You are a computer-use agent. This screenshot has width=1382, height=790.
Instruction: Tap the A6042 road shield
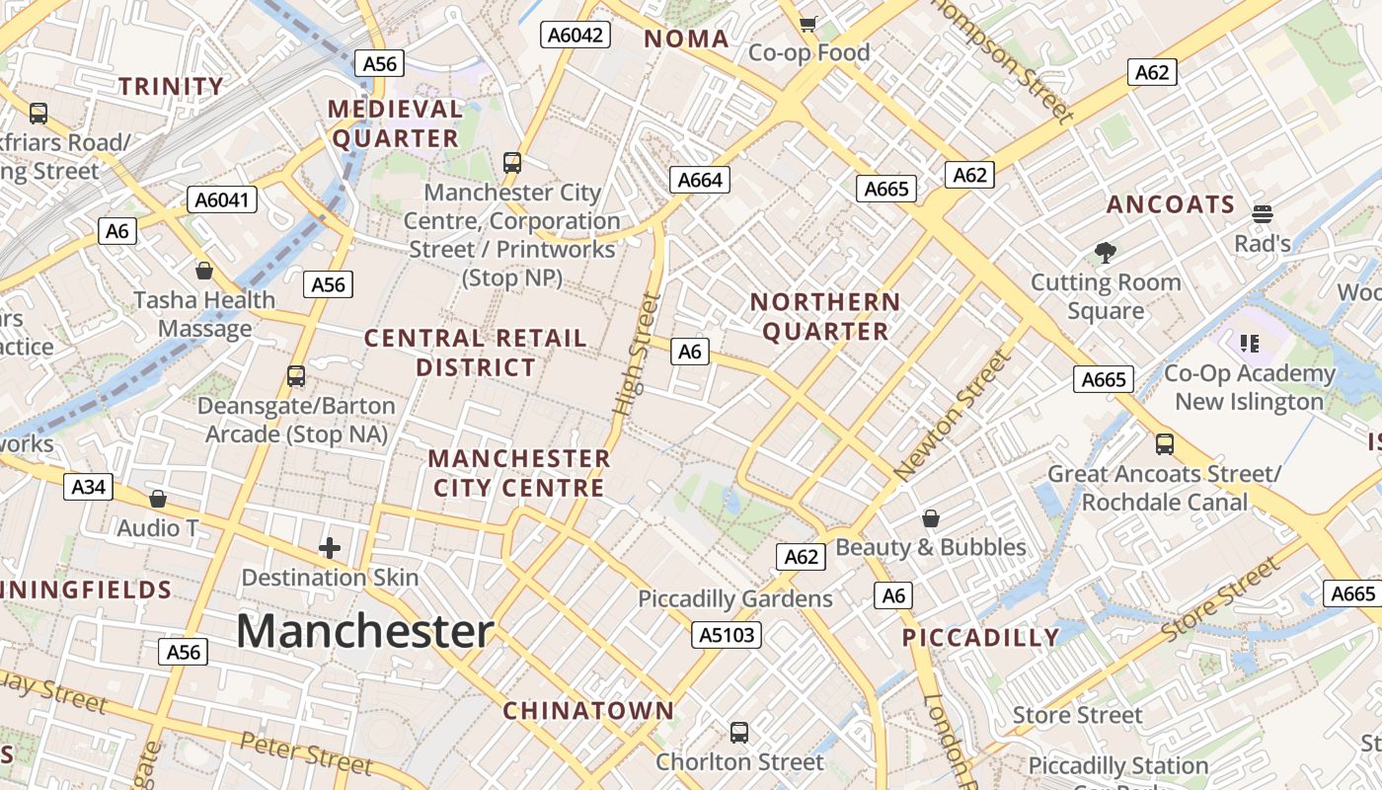coord(576,35)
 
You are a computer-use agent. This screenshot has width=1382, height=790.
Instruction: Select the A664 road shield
coord(700,180)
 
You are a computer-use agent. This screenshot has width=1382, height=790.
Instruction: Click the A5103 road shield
coord(727,635)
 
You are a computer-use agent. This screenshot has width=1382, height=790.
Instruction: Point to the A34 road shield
coord(89,486)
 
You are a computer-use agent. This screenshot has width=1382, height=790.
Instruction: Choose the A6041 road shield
coord(222,200)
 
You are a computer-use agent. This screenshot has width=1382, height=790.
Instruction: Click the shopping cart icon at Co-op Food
coord(808,24)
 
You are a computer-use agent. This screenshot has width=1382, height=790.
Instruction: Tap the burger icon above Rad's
coord(1262,213)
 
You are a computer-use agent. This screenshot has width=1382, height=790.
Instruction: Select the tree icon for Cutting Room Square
coord(1106,253)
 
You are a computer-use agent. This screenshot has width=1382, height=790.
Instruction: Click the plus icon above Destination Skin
coord(330,548)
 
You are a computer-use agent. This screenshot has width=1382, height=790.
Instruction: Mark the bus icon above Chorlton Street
coord(739,733)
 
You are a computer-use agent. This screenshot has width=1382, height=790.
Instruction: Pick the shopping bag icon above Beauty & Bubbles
coord(930,518)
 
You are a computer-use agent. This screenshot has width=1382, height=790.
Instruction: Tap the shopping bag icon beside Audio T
coord(157,499)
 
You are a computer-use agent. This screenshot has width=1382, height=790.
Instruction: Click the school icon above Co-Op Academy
coord(1249,344)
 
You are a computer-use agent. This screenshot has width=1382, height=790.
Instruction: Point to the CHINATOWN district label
coord(588,710)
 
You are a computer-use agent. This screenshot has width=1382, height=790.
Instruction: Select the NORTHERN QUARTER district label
coord(825,317)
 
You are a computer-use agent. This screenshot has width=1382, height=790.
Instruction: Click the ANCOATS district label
coord(1171,204)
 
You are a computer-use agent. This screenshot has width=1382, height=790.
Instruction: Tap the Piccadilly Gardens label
coord(735,599)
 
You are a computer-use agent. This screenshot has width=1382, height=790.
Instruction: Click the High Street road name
coord(637,354)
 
